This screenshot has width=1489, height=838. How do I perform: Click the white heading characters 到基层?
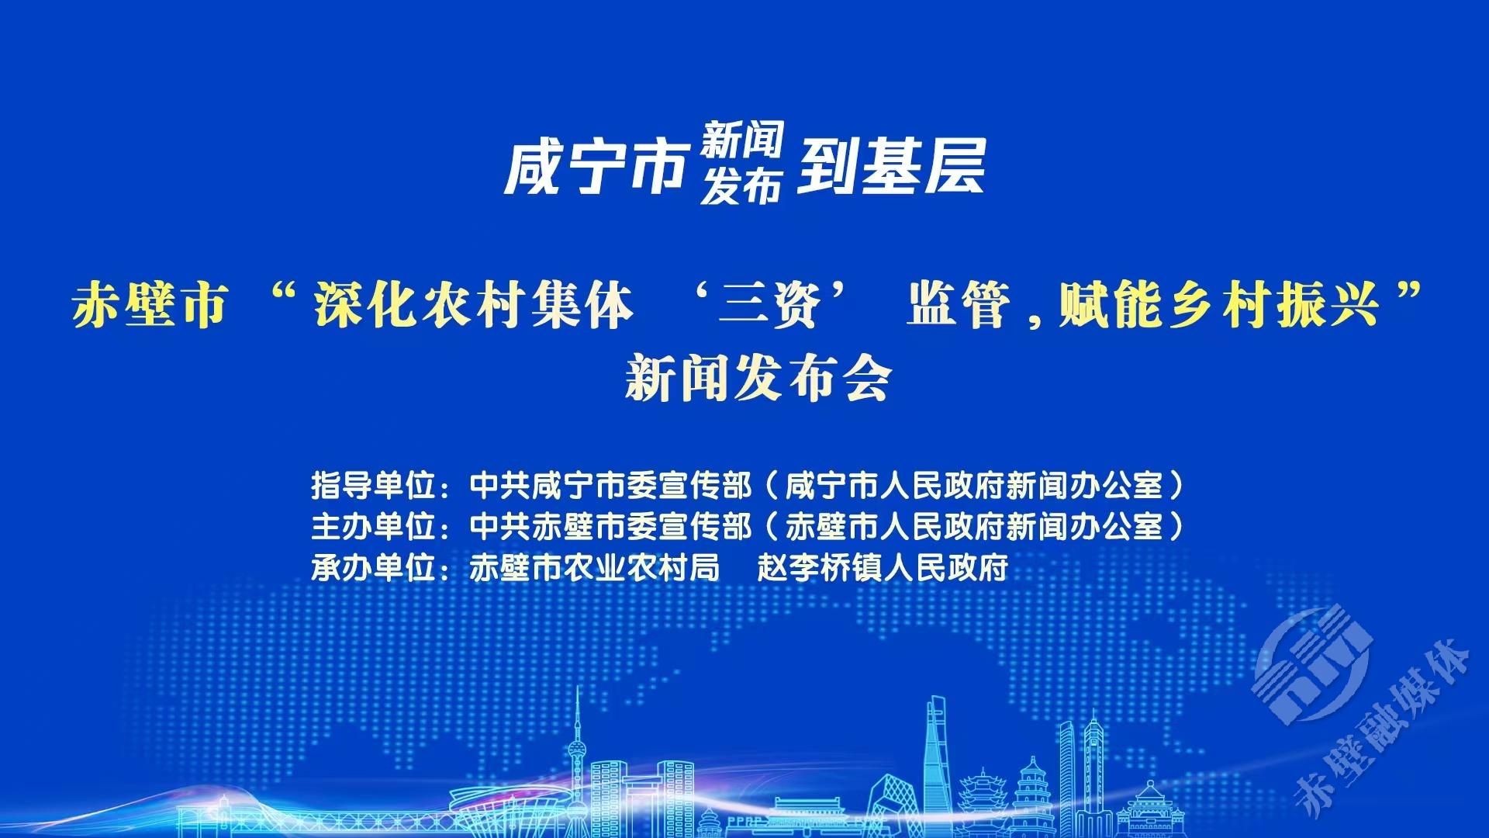coord(892,166)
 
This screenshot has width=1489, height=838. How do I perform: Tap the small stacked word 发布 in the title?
coord(741,187)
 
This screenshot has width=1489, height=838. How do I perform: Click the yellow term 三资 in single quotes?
coord(769,305)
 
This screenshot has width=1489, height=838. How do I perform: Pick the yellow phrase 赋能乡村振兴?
coord(1219,305)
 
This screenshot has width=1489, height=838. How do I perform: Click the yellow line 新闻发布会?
coord(758,378)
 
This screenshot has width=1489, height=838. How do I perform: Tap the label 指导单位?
coord(372,487)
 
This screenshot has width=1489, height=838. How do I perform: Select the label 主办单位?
coord(372,527)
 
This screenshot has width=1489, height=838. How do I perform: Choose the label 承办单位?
coord(372,568)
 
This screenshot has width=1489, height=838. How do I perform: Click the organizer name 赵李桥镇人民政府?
coord(883,568)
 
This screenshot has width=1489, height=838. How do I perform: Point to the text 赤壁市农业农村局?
coord(595,568)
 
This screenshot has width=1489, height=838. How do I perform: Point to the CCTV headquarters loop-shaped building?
coord(892,807)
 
